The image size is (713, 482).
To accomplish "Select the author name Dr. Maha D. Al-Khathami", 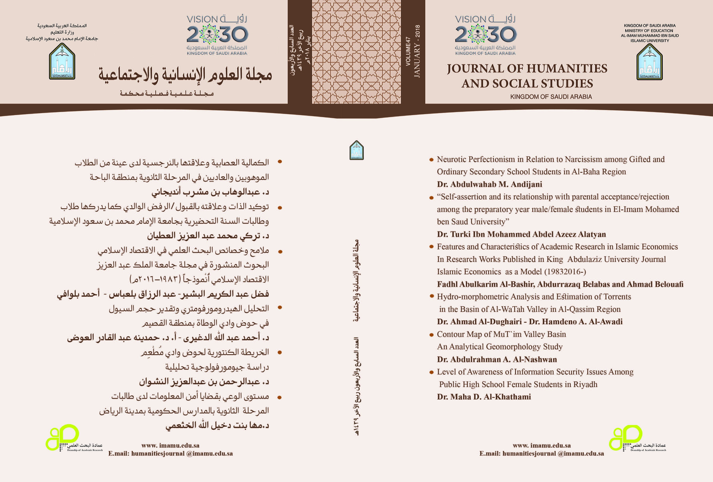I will click(x=484, y=397).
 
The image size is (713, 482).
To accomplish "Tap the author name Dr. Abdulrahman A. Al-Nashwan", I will click(x=497, y=359).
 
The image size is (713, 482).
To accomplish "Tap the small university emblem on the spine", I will click(x=357, y=150).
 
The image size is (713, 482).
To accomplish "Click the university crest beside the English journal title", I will click(x=650, y=62).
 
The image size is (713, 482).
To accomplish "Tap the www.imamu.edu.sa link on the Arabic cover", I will click(x=170, y=446).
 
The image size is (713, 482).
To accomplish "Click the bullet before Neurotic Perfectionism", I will click(x=431, y=160).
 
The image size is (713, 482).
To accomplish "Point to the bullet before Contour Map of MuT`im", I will click(x=431, y=335).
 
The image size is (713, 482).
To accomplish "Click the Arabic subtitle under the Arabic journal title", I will click(x=166, y=93).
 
